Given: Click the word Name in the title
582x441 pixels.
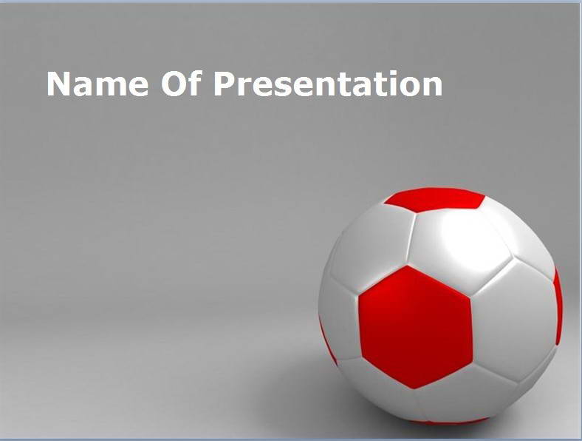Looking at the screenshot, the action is [x=97, y=84].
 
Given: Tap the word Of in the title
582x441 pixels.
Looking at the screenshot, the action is [x=181, y=84].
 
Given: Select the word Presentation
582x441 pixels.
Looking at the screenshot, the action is [x=328, y=84].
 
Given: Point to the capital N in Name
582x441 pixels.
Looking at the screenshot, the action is [x=58, y=84].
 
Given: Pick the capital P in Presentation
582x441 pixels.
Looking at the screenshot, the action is [x=225, y=84].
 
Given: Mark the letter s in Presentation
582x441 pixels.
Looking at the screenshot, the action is [x=279, y=87].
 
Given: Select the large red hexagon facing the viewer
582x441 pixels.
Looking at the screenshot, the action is [x=416, y=327].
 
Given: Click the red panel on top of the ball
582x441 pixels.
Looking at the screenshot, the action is [x=435, y=199].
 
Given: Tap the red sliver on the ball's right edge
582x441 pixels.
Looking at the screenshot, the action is [x=558, y=307].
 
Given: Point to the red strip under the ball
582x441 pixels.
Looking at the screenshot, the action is [x=450, y=421].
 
